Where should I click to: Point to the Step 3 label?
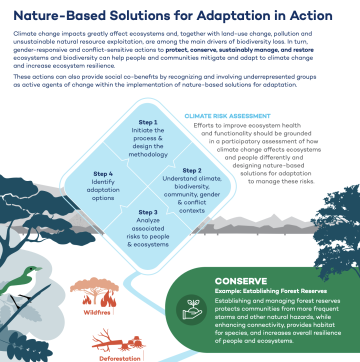(x=148, y=212)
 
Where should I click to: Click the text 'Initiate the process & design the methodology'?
(x=148, y=140)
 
